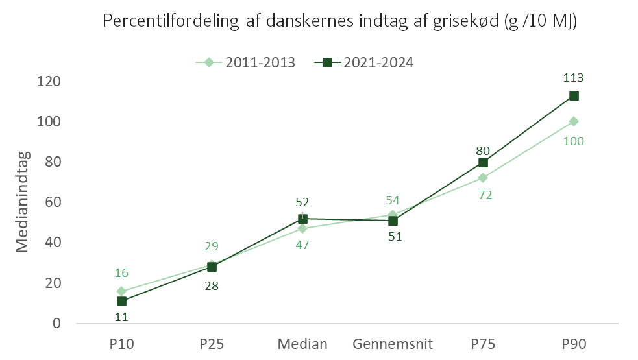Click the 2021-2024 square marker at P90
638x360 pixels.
coord(574,96)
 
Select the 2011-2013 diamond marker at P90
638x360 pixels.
coord(574,121)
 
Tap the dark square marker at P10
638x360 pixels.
coord(121,302)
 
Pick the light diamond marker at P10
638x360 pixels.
coord(121,291)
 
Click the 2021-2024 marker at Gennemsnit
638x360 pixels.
coord(393,221)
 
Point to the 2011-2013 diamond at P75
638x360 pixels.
coord(483,178)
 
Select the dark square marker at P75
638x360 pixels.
coord(483,163)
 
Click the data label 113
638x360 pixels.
coord(573,78)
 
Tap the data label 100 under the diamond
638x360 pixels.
coord(573,141)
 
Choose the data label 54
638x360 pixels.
coord(393,200)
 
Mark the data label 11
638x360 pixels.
coord(121,317)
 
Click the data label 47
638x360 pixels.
coord(302,245)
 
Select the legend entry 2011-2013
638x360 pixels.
coord(245,63)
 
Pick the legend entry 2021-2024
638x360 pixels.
coord(364,63)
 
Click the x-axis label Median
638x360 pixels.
coord(302,344)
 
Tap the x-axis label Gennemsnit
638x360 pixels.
coord(393,344)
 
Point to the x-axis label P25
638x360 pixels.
coord(212,344)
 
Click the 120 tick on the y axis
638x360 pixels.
coord(49,81)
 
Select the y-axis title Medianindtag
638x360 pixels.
coord(22,202)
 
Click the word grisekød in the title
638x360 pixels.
coord(465,21)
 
